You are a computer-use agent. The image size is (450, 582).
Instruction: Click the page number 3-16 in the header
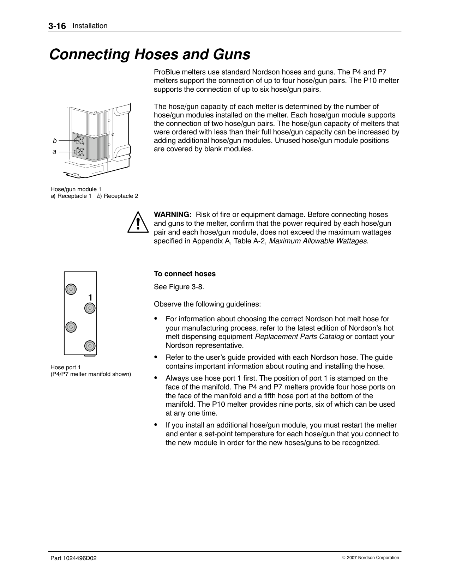coord(57,26)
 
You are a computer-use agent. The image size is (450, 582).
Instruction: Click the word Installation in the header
coord(90,26)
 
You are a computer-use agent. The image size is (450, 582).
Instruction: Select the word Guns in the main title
coord(231,55)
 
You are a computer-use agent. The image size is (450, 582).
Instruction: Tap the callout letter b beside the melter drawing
coord(55,140)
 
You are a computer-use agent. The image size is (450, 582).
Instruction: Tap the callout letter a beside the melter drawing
coord(54,151)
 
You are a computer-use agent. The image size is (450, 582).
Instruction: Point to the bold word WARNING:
coord(173,215)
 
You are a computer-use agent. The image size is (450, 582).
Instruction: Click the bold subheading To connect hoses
coord(185,274)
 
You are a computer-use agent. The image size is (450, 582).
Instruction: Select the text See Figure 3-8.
coord(179,287)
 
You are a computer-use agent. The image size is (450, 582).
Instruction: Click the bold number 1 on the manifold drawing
coord(90,298)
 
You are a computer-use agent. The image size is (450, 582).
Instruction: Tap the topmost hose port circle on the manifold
coord(71,289)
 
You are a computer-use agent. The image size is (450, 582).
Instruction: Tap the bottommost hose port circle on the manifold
coord(90,346)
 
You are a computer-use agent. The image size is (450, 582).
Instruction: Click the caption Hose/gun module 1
coord(76,189)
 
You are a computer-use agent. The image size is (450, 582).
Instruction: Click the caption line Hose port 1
coord(66,367)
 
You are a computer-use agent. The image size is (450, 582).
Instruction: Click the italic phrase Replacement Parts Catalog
coord(299,337)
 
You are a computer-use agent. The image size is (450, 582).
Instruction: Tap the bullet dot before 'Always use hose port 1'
coord(156,378)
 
